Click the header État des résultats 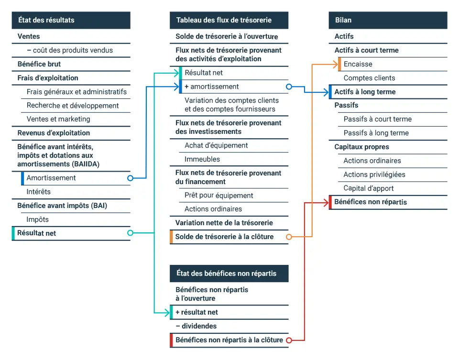[71, 20]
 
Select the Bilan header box [388, 20]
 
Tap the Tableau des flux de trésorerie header [229, 20]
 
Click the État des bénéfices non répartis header [229, 273]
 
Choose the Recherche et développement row [73, 106]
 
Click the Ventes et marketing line [58, 119]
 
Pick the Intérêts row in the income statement [39, 192]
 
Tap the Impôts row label [38, 219]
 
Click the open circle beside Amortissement [130, 178]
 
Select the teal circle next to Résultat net [130, 233]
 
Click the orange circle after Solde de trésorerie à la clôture [288, 237]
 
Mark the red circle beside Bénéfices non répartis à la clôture [288, 340]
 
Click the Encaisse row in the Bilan [358, 64]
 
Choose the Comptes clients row [369, 78]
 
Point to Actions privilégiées [374, 175]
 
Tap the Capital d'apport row [369, 188]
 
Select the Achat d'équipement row [216, 145]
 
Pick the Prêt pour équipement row [219, 195]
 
